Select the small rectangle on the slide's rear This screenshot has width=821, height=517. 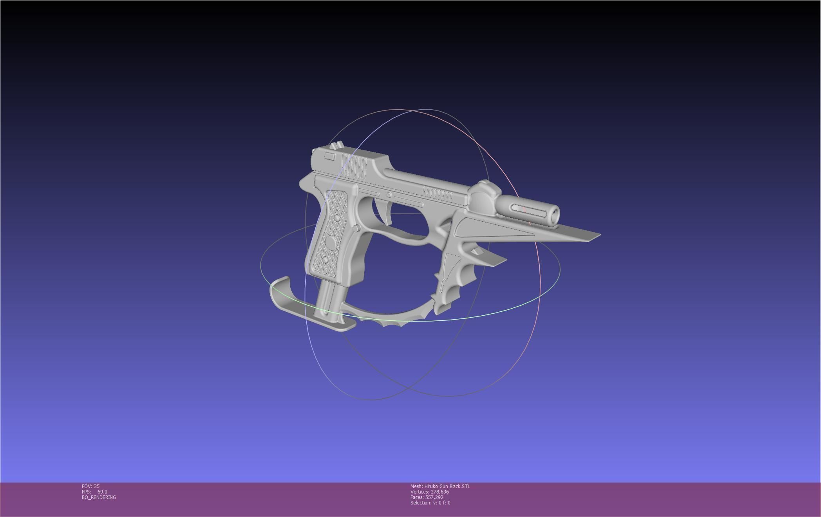click(x=330, y=156)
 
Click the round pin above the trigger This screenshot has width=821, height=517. click(x=389, y=195)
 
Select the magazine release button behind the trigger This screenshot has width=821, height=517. click(x=356, y=228)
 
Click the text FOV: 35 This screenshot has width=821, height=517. click(x=90, y=486)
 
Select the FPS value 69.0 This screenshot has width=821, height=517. click(x=102, y=492)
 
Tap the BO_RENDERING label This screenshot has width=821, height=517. click(x=99, y=497)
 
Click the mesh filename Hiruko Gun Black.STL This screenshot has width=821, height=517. click(x=447, y=486)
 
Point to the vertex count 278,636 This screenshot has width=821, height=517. click(x=439, y=492)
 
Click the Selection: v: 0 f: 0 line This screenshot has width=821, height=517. click(x=430, y=503)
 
